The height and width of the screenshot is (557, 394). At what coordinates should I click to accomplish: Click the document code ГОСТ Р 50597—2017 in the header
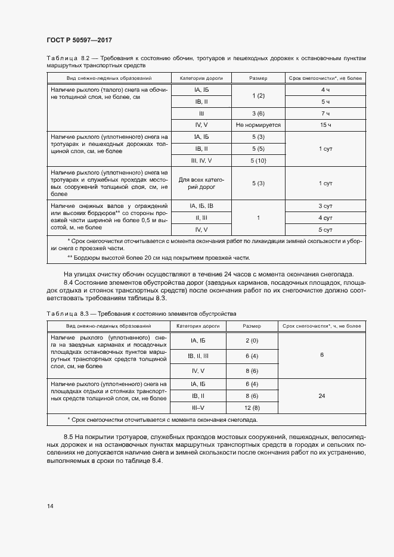click(x=79, y=39)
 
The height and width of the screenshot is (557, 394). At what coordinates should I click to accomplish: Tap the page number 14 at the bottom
click(x=50, y=506)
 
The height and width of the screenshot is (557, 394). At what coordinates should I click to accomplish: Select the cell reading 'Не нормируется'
click(x=258, y=125)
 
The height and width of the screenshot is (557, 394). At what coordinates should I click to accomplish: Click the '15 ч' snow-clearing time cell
click(x=325, y=125)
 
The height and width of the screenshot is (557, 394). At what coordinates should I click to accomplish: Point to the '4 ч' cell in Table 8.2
click(x=325, y=90)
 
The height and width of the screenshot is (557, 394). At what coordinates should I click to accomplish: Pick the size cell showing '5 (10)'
click(x=258, y=160)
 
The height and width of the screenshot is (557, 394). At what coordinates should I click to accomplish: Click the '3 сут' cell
click(x=325, y=206)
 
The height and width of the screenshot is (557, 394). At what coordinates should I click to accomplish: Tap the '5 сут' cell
click(x=325, y=229)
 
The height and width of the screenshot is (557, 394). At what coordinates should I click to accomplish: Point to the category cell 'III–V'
click(x=198, y=407)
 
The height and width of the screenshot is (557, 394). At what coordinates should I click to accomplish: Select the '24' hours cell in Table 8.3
click(x=322, y=396)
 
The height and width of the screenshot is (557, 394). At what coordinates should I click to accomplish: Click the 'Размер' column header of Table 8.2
click(x=258, y=79)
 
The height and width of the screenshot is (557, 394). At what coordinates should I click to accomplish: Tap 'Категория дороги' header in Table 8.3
click(x=198, y=326)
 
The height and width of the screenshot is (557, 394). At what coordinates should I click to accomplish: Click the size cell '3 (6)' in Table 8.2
click(x=258, y=113)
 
